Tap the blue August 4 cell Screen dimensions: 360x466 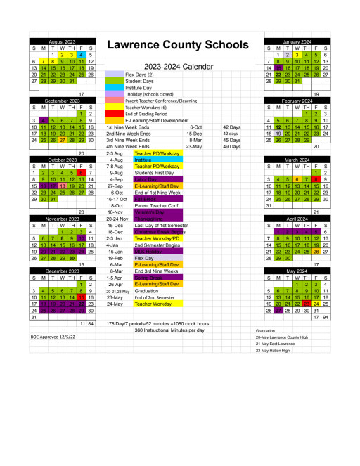(82, 54)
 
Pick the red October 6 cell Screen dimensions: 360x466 (82, 172)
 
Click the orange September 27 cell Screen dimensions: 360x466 (63, 139)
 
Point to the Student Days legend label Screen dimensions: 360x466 (140, 81)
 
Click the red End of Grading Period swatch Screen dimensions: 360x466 (115, 114)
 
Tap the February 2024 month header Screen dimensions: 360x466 (296, 101)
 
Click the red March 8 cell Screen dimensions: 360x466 (316, 179)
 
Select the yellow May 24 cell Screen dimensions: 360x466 (316, 304)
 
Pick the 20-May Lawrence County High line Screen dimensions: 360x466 (282, 337)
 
